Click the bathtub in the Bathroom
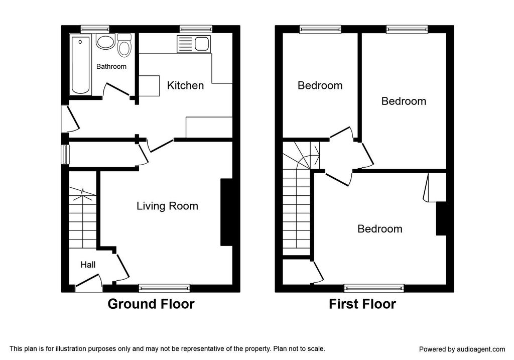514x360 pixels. point(80,65)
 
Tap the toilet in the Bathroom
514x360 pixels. point(124,45)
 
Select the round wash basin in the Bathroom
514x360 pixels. point(105,42)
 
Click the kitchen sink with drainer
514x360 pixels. point(193,44)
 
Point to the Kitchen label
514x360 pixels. point(185,85)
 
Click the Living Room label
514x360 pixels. point(167,206)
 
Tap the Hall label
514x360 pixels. point(88,265)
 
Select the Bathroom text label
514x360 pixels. point(111,67)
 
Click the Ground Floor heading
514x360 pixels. point(151,304)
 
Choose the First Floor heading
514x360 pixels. point(362,304)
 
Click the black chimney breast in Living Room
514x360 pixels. point(226,212)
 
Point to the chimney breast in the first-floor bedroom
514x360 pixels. point(441,219)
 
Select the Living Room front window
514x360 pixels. point(164,288)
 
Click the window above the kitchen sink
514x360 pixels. point(196,29)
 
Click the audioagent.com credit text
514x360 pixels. point(462,349)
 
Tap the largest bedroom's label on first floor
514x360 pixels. point(380,228)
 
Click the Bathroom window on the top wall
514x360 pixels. point(95,29)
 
